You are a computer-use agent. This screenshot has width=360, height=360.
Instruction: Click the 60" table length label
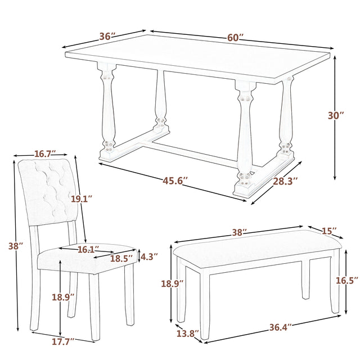point(236,38)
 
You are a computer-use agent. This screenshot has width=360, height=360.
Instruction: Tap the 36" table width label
point(107,37)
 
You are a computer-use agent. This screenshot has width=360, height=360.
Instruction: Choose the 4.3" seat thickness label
point(148,256)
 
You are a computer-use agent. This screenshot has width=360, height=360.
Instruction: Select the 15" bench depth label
point(330,231)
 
